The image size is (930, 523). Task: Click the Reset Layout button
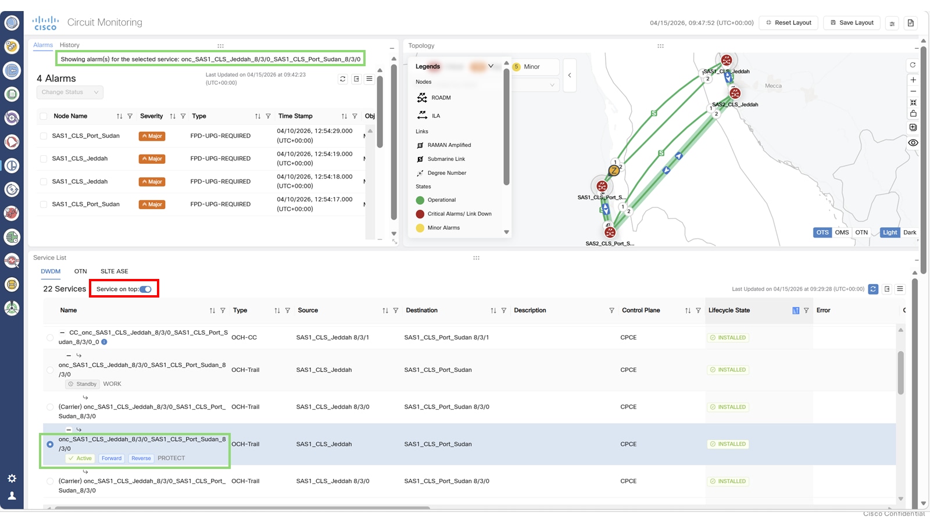tap(789, 23)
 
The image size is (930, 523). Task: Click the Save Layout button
tap(852, 23)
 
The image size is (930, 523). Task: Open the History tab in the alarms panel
tap(69, 45)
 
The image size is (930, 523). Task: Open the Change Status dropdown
tap(70, 92)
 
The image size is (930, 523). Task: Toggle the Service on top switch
tap(145, 289)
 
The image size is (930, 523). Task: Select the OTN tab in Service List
tap(80, 271)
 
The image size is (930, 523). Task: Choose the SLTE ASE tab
tap(114, 271)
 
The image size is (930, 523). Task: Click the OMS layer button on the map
tap(842, 232)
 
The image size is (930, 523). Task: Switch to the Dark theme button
tap(910, 232)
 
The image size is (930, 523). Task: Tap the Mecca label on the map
tap(773, 86)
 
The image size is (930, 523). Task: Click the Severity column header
tap(152, 116)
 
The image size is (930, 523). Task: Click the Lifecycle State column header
tap(729, 310)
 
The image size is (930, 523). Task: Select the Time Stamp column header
tap(295, 116)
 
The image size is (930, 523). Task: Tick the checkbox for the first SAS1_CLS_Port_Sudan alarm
tap(44, 136)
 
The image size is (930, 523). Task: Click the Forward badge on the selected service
tap(112, 458)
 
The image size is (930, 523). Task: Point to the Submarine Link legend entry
tap(446, 159)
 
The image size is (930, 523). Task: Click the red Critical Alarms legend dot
tap(420, 214)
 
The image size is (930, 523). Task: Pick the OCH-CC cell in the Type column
tap(244, 338)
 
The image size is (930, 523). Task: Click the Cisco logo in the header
tap(45, 23)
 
